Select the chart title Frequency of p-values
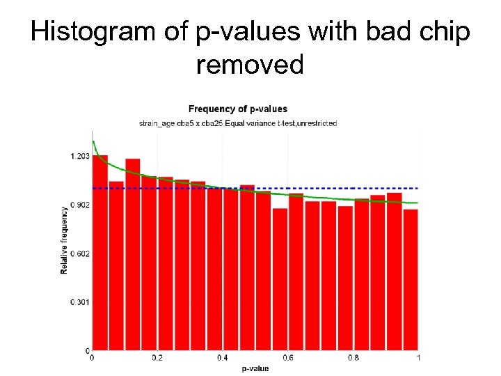(238, 109)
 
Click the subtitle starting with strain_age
(238, 123)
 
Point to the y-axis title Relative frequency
(64, 238)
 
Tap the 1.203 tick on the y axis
(79, 157)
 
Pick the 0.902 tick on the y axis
(79, 205)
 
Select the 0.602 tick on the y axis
(79, 253)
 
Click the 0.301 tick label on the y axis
(79, 302)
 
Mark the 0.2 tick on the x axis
(157, 358)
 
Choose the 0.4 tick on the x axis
(222, 358)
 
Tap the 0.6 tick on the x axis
(287, 358)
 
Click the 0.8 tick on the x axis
(353, 358)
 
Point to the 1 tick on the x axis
(417, 358)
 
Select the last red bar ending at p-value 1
(411, 279)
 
